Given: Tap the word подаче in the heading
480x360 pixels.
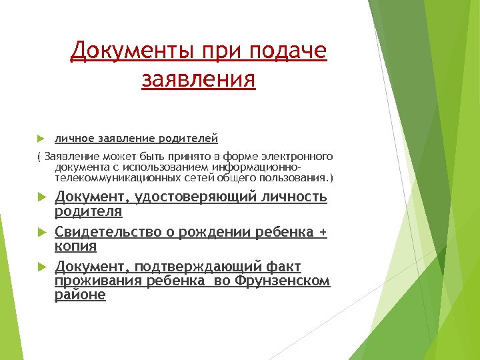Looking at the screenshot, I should click(289, 51).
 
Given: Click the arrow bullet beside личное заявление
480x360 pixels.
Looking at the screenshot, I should click(40, 139).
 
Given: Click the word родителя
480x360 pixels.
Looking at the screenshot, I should click(88, 212).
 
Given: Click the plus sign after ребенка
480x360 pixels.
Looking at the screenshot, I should click(323, 233).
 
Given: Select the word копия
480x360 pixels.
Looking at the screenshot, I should click(75, 247).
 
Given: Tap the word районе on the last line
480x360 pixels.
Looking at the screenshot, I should click(80, 295).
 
